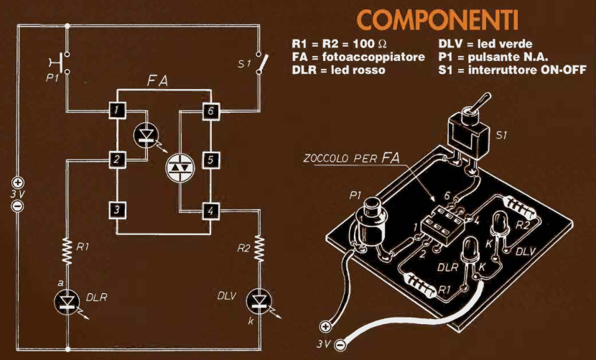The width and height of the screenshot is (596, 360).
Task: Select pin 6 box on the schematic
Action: tap(210, 111)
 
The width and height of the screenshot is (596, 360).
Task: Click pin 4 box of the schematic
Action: tap(210, 211)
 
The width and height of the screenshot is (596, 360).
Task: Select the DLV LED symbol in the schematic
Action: tap(258, 301)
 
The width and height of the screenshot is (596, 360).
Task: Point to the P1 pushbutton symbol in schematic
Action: tap(63, 63)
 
